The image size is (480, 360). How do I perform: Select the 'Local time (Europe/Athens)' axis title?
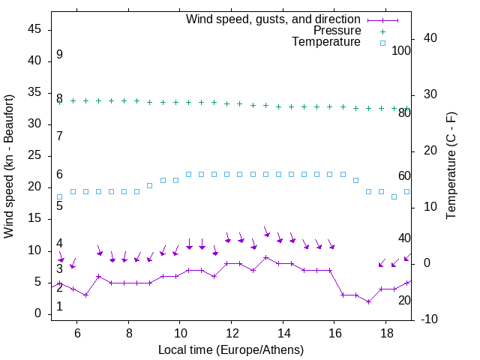coord(232,350)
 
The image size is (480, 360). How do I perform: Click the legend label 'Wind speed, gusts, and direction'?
coord(274,19)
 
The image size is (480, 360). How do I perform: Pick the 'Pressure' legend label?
coord(337,31)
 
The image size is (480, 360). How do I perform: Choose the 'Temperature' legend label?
coord(326,42)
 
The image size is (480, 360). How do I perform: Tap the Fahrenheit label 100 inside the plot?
coord(401,51)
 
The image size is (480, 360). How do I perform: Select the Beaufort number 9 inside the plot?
coord(59,55)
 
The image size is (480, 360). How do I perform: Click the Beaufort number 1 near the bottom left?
coord(59,307)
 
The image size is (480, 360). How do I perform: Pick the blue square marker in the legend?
coord(382,43)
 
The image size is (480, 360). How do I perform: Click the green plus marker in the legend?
coord(382,31)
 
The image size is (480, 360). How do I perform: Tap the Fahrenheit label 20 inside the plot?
coord(404,300)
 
